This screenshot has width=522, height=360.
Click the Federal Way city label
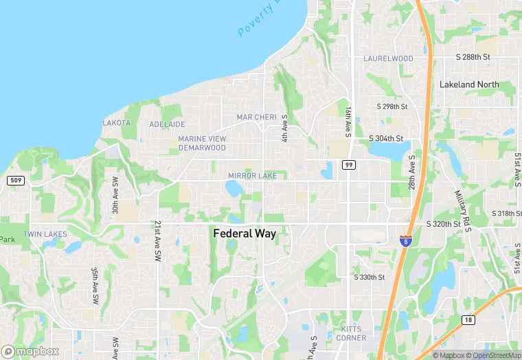[245, 234]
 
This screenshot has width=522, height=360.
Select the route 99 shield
[349, 165]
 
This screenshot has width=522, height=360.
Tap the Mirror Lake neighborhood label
[252, 176]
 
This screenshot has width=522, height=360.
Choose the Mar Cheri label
[256, 117]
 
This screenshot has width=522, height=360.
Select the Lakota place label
[116, 123]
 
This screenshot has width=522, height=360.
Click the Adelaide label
[168, 124]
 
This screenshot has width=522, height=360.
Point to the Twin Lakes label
[45, 234]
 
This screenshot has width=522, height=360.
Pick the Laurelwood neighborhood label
[388, 59]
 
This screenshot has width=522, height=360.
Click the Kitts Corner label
[350, 333]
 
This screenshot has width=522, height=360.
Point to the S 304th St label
[386, 138]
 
